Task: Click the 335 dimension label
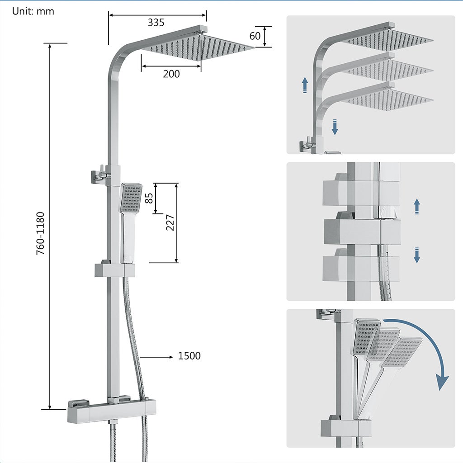point(156,22)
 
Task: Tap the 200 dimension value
point(171,74)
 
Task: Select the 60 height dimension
point(255,36)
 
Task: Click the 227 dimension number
point(170,222)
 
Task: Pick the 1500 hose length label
point(189,356)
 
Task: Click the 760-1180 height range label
point(41,233)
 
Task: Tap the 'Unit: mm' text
point(33,11)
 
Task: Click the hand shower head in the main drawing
point(131,198)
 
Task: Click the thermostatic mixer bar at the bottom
point(111,411)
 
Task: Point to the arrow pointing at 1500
point(156,357)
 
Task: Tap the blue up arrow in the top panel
point(305,85)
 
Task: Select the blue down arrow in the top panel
point(335,127)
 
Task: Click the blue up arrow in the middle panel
point(417,206)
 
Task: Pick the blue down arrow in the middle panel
point(417,255)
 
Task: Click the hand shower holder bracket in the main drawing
point(115,270)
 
